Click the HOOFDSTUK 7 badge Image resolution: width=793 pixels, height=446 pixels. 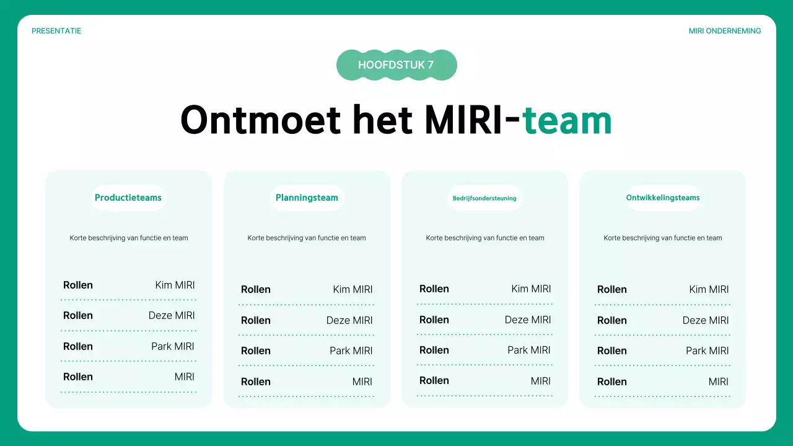coord(396,65)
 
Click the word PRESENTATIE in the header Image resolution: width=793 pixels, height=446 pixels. coord(56,31)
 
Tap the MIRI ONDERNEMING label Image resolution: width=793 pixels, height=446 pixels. coord(725,31)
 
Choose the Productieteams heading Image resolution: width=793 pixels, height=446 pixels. coord(128,198)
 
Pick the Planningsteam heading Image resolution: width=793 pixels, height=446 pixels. coord(307,198)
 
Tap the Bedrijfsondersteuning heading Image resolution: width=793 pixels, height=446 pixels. coord(484,198)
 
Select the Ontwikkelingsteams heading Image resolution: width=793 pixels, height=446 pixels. coord(663,198)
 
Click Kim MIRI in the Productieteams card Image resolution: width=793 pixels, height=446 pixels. coord(175,285)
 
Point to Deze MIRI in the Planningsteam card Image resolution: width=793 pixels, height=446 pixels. coord(349,320)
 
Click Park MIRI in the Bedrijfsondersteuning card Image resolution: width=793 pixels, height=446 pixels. coord(529,350)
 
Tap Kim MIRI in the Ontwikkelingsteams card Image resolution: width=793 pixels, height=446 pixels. coord(709,289)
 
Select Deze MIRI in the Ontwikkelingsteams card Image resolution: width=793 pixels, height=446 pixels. coord(706,320)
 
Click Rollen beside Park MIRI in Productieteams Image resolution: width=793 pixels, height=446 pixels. coord(78,346)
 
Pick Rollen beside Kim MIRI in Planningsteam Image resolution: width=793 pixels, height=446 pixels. coord(256,289)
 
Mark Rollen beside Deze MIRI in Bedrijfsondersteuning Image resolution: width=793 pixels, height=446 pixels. coord(434,320)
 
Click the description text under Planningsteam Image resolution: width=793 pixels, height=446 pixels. coord(307,238)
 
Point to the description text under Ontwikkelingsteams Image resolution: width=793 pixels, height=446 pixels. coord(663,238)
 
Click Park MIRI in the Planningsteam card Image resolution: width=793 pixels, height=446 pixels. coord(351,351)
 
